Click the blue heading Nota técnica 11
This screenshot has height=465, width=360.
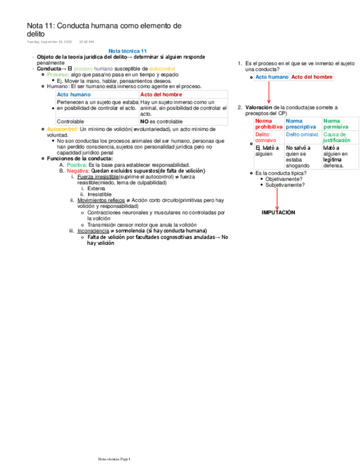(x=128, y=50)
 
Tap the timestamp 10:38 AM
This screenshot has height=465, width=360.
(x=87, y=41)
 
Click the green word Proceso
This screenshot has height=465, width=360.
(x=58, y=74)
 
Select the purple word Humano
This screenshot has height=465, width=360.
(x=58, y=86)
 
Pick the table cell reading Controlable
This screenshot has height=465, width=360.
(x=70, y=121)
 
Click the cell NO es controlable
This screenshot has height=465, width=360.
(x=161, y=121)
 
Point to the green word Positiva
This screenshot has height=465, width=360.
(x=76, y=165)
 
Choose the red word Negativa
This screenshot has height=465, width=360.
(x=77, y=171)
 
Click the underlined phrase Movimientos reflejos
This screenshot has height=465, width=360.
(x=101, y=200)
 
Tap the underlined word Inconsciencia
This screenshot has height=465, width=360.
(x=93, y=231)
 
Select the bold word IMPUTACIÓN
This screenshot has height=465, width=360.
(x=278, y=212)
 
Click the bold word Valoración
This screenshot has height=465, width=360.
(x=258, y=107)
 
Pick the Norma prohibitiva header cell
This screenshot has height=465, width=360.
(x=268, y=123)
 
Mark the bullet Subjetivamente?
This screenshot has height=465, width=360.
(x=285, y=185)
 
